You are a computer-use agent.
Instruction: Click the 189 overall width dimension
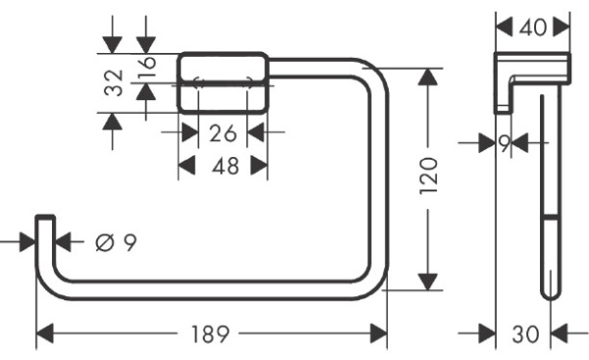tap(210, 334)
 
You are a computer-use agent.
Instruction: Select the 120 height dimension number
tap(429, 176)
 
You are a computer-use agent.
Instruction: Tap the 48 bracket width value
tap(226, 166)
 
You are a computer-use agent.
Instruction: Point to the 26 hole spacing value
tap(223, 133)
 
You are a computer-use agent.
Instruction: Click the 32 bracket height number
tap(114, 82)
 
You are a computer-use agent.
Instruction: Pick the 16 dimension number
tap(147, 68)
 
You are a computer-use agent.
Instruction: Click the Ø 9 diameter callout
tap(116, 242)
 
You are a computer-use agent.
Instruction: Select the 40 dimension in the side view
tap(533, 27)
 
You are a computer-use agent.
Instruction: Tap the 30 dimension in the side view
tap(525, 334)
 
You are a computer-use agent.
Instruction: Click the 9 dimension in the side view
tap(505, 143)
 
